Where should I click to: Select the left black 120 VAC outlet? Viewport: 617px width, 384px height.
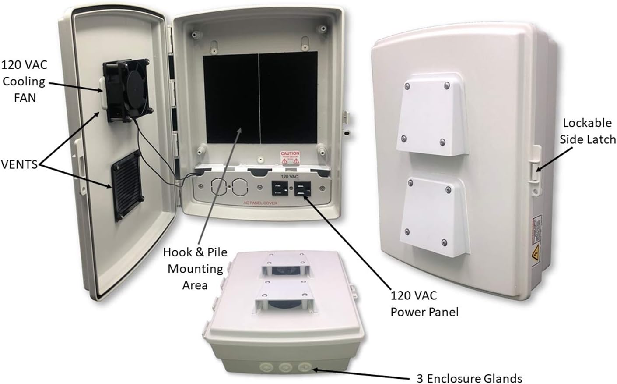click(x=280, y=189)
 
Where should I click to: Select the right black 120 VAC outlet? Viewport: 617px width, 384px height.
click(x=302, y=189)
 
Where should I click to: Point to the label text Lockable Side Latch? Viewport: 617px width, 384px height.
click(x=589, y=131)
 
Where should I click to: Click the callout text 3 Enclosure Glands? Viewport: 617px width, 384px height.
click(x=469, y=378)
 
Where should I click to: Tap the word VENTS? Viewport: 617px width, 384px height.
click(x=19, y=165)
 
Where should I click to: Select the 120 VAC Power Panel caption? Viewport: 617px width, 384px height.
click(x=424, y=303)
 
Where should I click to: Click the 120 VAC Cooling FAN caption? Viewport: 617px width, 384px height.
click(x=24, y=81)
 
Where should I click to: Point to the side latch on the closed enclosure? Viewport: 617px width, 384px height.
click(x=535, y=167)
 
